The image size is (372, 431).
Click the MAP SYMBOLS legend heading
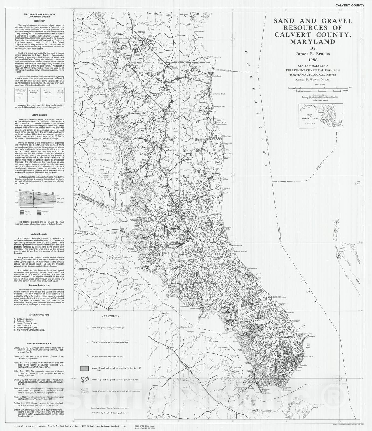[x=110, y=317]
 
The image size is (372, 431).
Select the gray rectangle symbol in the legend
[x=88, y=369]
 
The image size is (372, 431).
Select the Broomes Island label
[x=196, y=308]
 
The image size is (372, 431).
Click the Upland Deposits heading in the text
[x=39, y=115]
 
